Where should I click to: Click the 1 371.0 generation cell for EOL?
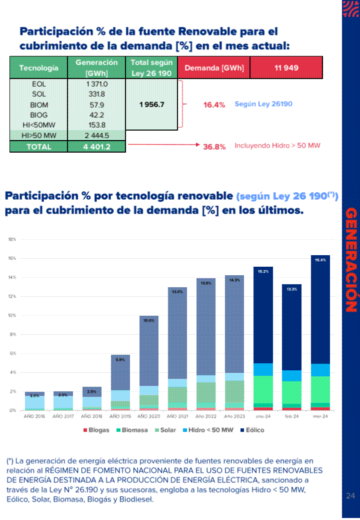pyautogui.click(x=96, y=84)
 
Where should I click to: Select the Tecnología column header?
pyautogui.click(x=38, y=68)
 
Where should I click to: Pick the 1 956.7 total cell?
pyautogui.click(x=151, y=105)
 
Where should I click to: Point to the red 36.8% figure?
pyautogui.click(x=214, y=146)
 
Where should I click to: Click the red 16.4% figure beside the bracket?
pyautogui.click(x=214, y=105)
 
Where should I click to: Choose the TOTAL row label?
pyautogui.click(x=38, y=147)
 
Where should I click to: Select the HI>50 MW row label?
pyautogui.click(x=38, y=136)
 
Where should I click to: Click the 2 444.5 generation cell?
pyautogui.click(x=96, y=136)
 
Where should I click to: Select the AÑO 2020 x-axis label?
pyautogui.click(x=148, y=416)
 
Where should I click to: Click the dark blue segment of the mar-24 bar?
pyautogui.click(x=320, y=310)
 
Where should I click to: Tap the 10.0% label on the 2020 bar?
pyautogui.click(x=148, y=320)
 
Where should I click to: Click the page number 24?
pyautogui.click(x=350, y=496)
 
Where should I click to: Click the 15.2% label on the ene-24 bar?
pyautogui.click(x=263, y=271)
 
